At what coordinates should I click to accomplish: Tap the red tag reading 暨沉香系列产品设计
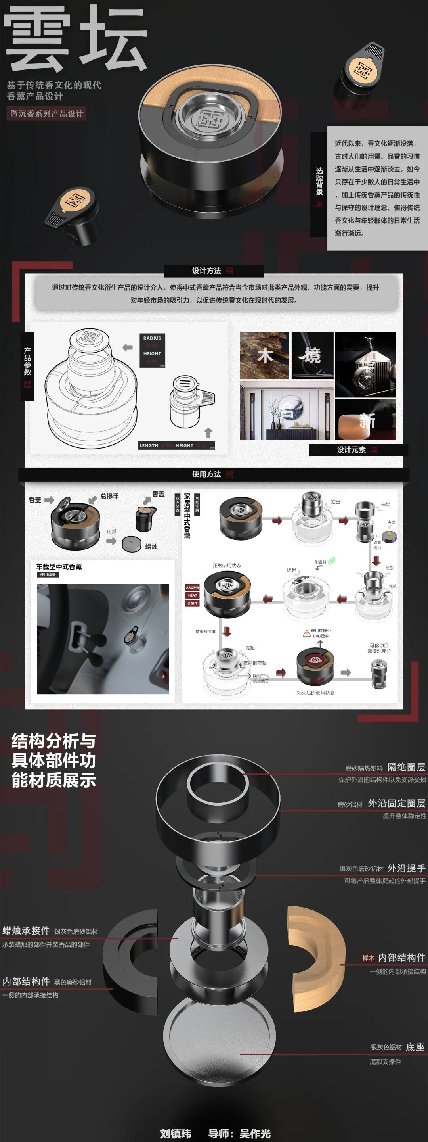pos(46,113)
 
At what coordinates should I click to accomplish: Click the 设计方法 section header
pos(207,271)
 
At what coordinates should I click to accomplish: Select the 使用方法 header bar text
pos(207,474)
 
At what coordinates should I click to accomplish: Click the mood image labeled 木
pos(264,355)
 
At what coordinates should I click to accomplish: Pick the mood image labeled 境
pos(312,355)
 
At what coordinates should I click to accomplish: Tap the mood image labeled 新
pos(365,419)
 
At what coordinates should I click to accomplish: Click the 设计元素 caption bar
pos(352,449)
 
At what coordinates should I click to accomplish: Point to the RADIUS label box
pos(152,338)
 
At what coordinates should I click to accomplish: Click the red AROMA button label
pos(192,587)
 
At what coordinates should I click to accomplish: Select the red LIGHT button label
pos(192,603)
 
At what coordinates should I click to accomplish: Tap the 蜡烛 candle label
pos(151,547)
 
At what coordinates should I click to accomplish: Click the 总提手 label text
pos(109,496)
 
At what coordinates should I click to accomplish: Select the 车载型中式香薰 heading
pos(59,566)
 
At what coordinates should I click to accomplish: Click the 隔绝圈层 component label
pos(406,766)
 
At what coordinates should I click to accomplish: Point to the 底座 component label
pos(415,1047)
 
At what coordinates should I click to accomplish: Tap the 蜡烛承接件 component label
pos(26,931)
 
